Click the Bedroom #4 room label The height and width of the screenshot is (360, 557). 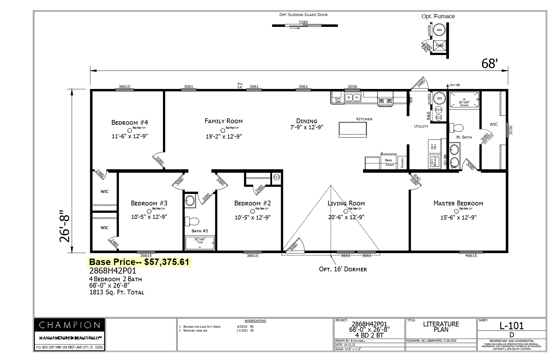(x=130, y=123)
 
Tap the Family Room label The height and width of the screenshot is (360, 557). (x=223, y=121)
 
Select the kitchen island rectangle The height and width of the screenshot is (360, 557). (x=353, y=129)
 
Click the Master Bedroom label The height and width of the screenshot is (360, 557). (x=458, y=203)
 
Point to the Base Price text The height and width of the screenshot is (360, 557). (x=139, y=262)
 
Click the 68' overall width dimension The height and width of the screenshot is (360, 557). (x=489, y=64)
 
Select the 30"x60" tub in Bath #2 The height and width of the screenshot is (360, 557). (x=200, y=243)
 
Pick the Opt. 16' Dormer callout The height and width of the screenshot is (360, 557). (x=343, y=269)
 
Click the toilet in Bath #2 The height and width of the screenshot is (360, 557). (x=192, y=221)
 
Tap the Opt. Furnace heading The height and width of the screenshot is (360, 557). (x=438, y=16)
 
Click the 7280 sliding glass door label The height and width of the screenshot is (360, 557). (x=303, y=22)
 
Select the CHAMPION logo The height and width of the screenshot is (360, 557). (x=69, y=325)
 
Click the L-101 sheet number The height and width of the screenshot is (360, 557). (x=512, y=326)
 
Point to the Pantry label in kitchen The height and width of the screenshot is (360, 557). (x=402, y=163)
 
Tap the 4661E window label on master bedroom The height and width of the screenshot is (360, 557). (x=471, y=255)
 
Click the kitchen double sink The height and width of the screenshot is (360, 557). (x=352, y=97)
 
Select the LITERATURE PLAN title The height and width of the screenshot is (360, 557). (x=441, y=327)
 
